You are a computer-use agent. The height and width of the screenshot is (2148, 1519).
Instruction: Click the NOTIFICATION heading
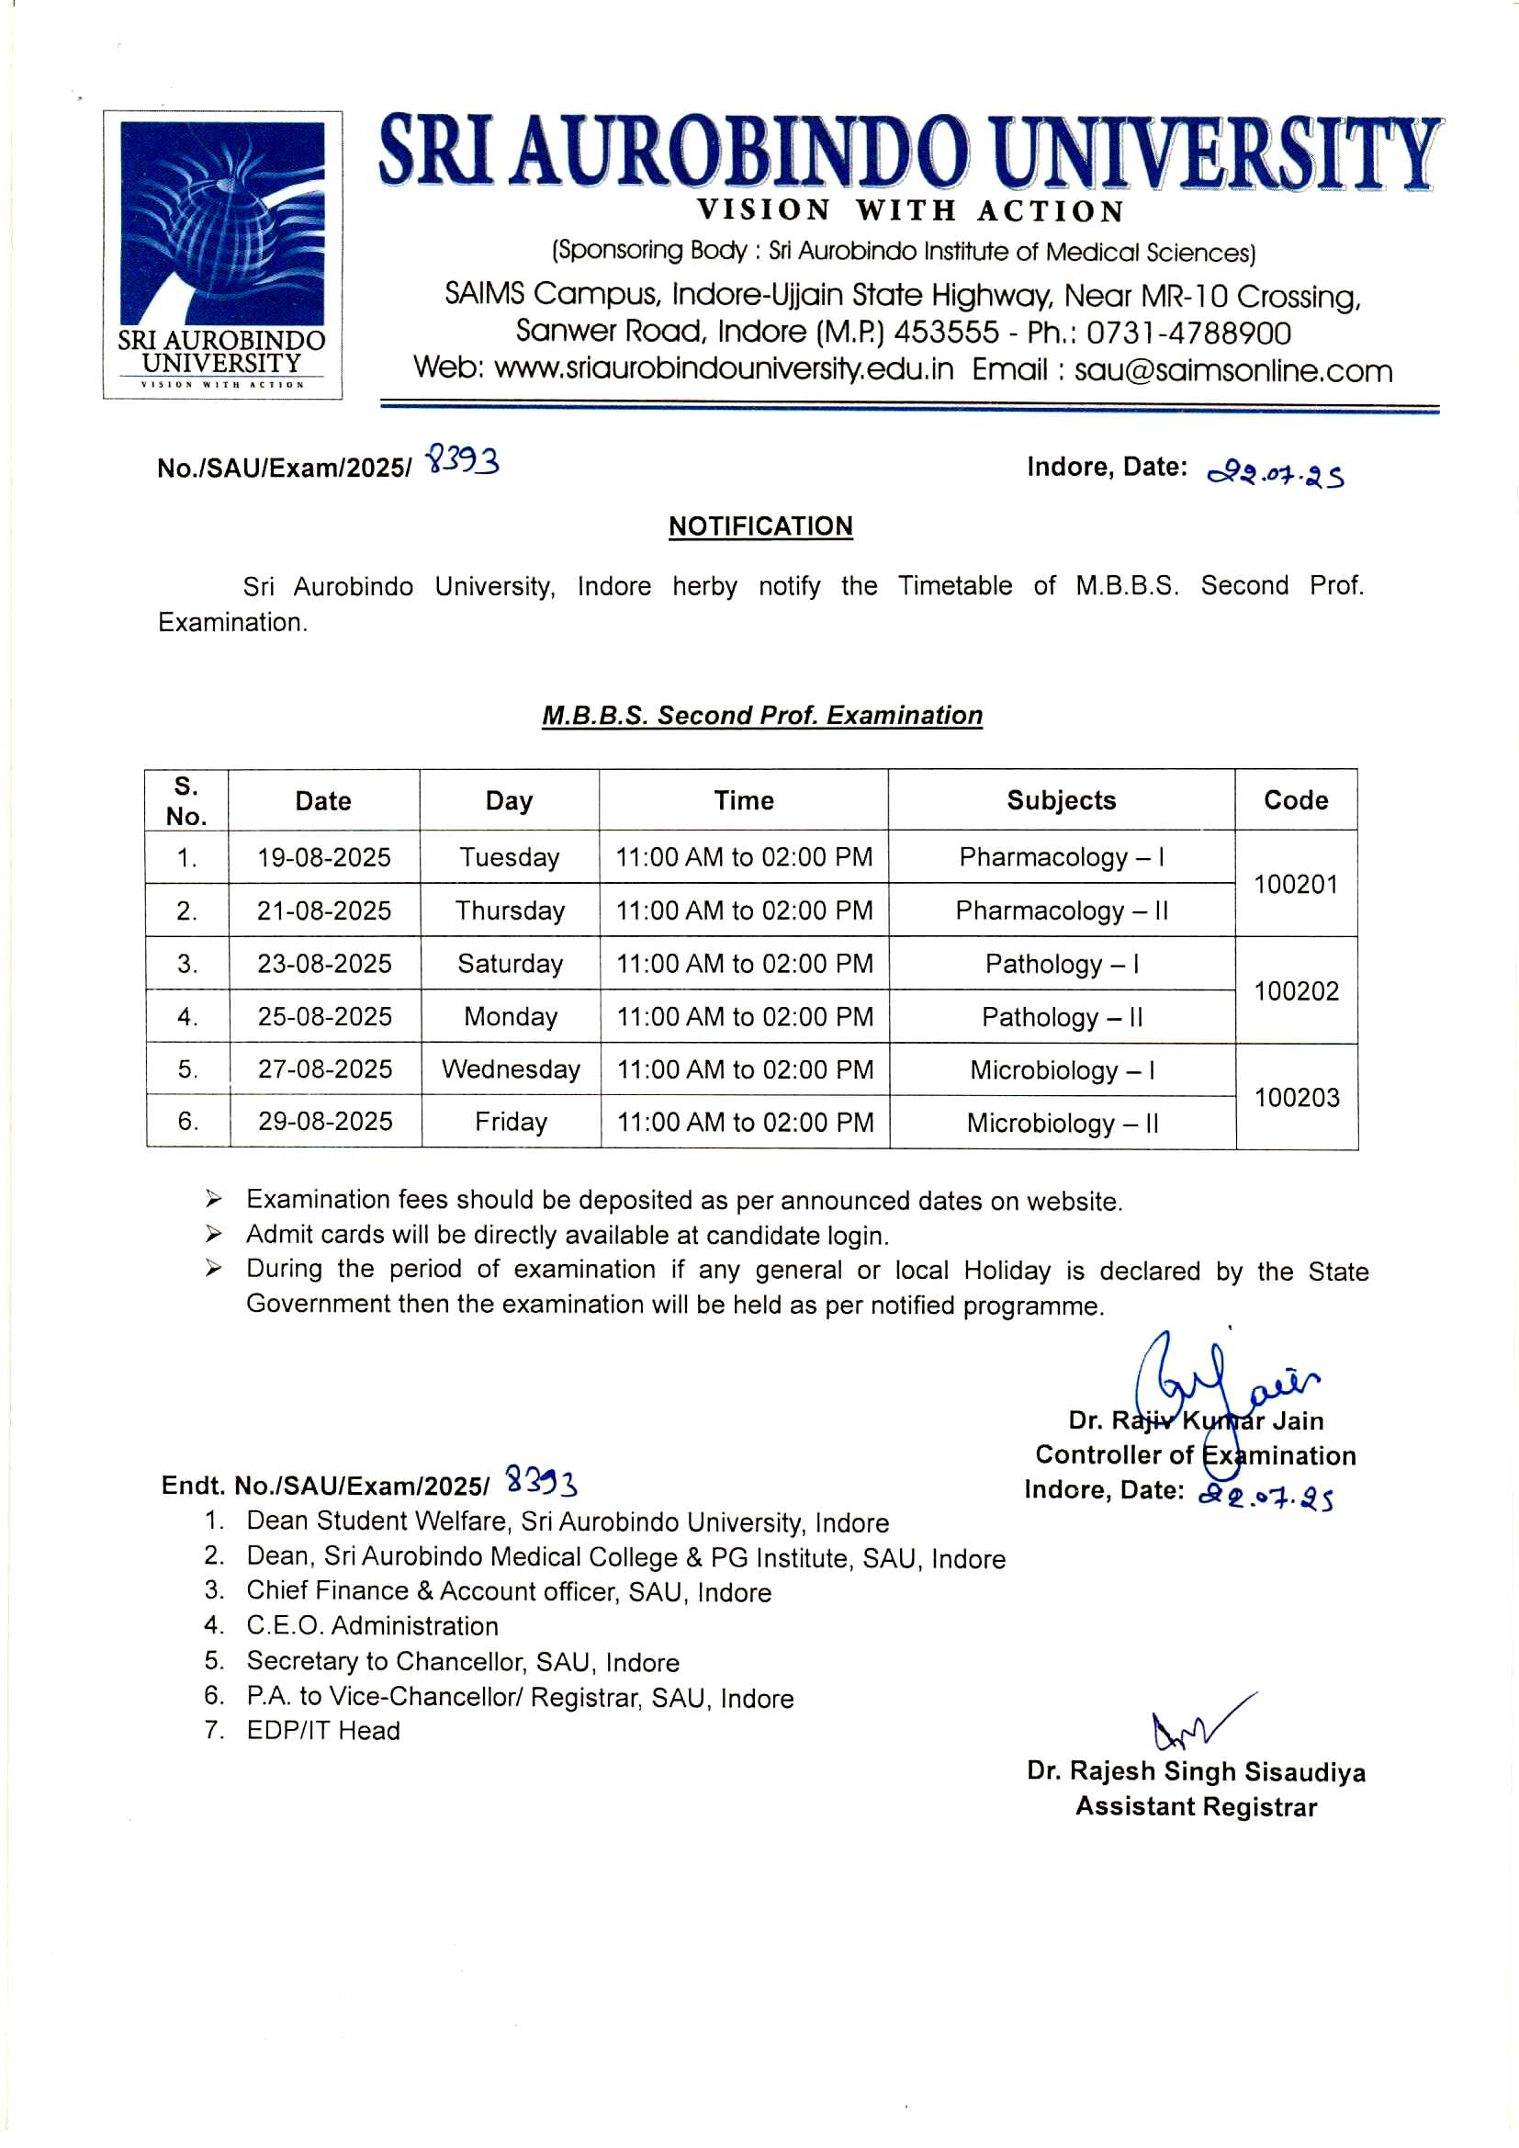(x=759, y=526)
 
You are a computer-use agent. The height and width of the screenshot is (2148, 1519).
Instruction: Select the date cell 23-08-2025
(x=323, y=964)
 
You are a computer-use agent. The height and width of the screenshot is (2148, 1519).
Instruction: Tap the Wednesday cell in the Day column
(x=510, y=1069)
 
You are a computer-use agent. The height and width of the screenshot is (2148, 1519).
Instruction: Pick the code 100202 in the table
(x=1296, y=990)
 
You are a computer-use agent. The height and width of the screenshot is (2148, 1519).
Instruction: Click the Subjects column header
(x=1061, y=800)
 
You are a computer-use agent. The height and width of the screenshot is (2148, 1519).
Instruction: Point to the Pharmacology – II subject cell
(x=1061, y=910)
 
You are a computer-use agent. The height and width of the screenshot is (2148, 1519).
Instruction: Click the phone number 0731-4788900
(x=1187, y=334)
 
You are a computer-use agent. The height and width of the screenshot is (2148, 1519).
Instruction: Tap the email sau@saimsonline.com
(x=1232, y=370)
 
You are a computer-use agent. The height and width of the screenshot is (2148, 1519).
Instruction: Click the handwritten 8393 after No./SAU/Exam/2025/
(x=463, y=461)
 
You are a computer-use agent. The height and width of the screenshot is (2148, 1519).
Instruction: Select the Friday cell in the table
(x=510, y=1122)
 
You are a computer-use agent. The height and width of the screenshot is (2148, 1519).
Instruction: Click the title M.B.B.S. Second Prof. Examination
(x=761, y=716)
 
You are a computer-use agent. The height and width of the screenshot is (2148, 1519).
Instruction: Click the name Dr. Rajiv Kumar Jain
(x=1196, y=1421)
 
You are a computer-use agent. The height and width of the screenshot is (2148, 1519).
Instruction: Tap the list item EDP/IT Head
(x=322, y=1731)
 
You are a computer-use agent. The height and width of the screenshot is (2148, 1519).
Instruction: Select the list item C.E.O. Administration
(x=371, y=1626)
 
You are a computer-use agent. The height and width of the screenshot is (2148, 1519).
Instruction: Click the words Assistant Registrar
(x=1196, y=1806)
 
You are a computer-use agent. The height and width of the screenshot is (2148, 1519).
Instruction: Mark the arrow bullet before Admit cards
(x=214, y=1235)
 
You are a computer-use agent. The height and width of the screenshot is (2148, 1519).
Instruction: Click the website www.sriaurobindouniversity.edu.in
(x=723, y=368)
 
